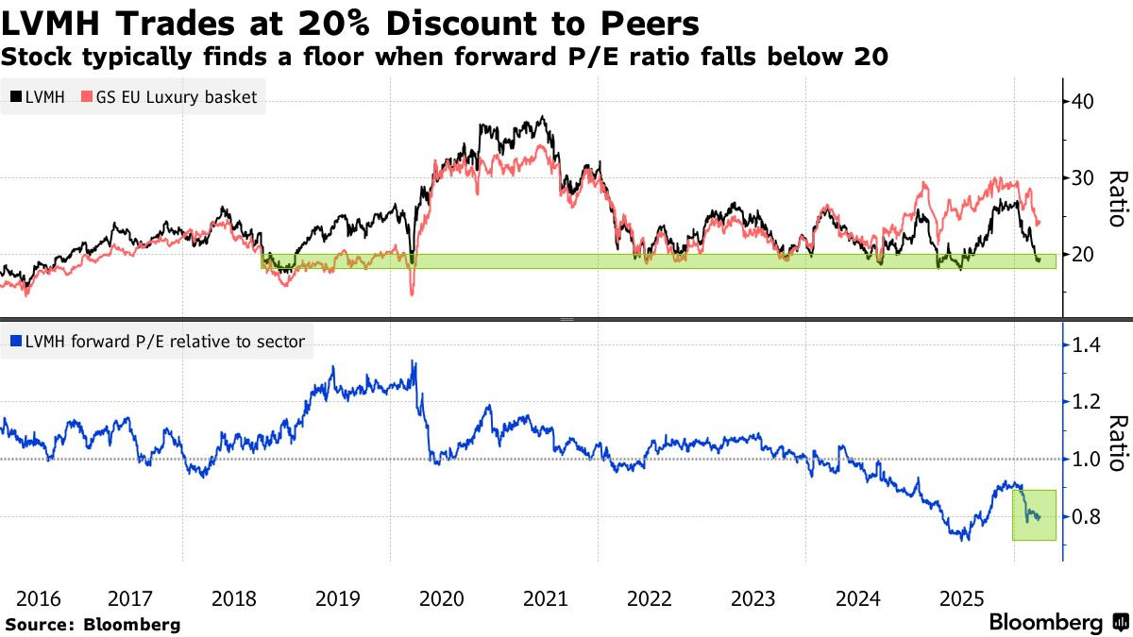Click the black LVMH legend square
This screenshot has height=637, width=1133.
(14, 97)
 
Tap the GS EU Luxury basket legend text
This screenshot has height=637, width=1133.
(175, 97)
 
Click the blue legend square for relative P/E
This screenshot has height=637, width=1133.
(14, 342)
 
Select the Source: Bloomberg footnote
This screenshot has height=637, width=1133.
(93, 624)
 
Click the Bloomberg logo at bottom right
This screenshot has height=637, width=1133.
(1057, 623)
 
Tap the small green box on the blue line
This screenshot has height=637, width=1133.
(1034, 514)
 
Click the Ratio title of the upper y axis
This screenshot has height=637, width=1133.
(1117, 198)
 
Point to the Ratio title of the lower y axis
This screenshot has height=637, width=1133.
(1117, 443)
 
